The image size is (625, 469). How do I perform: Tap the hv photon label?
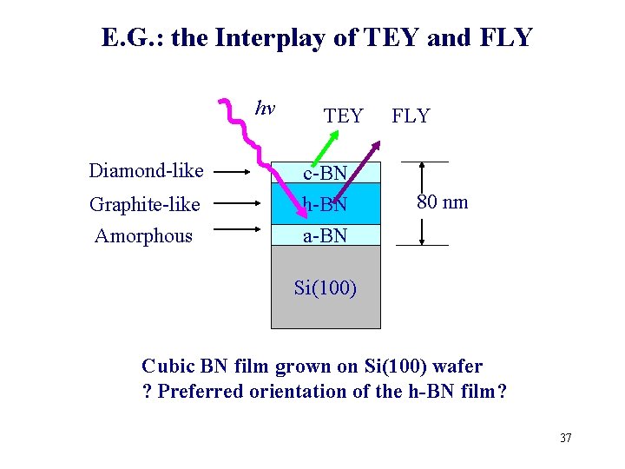[265, 109]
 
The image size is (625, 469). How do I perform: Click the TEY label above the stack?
[343, 116]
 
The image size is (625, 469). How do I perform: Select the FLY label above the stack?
[411, 116]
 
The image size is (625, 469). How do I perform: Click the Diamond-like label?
[146, 170]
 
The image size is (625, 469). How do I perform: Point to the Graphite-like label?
[144, 204]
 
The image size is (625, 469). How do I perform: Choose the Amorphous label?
[143, 235]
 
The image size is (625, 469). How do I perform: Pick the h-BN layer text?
[326, 205]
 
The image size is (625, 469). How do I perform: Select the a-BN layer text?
[325, 235]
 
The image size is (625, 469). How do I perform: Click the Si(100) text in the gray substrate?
[325, 287]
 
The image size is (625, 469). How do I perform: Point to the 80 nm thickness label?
[442, 202]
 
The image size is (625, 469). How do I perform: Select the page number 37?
[565, 438]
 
